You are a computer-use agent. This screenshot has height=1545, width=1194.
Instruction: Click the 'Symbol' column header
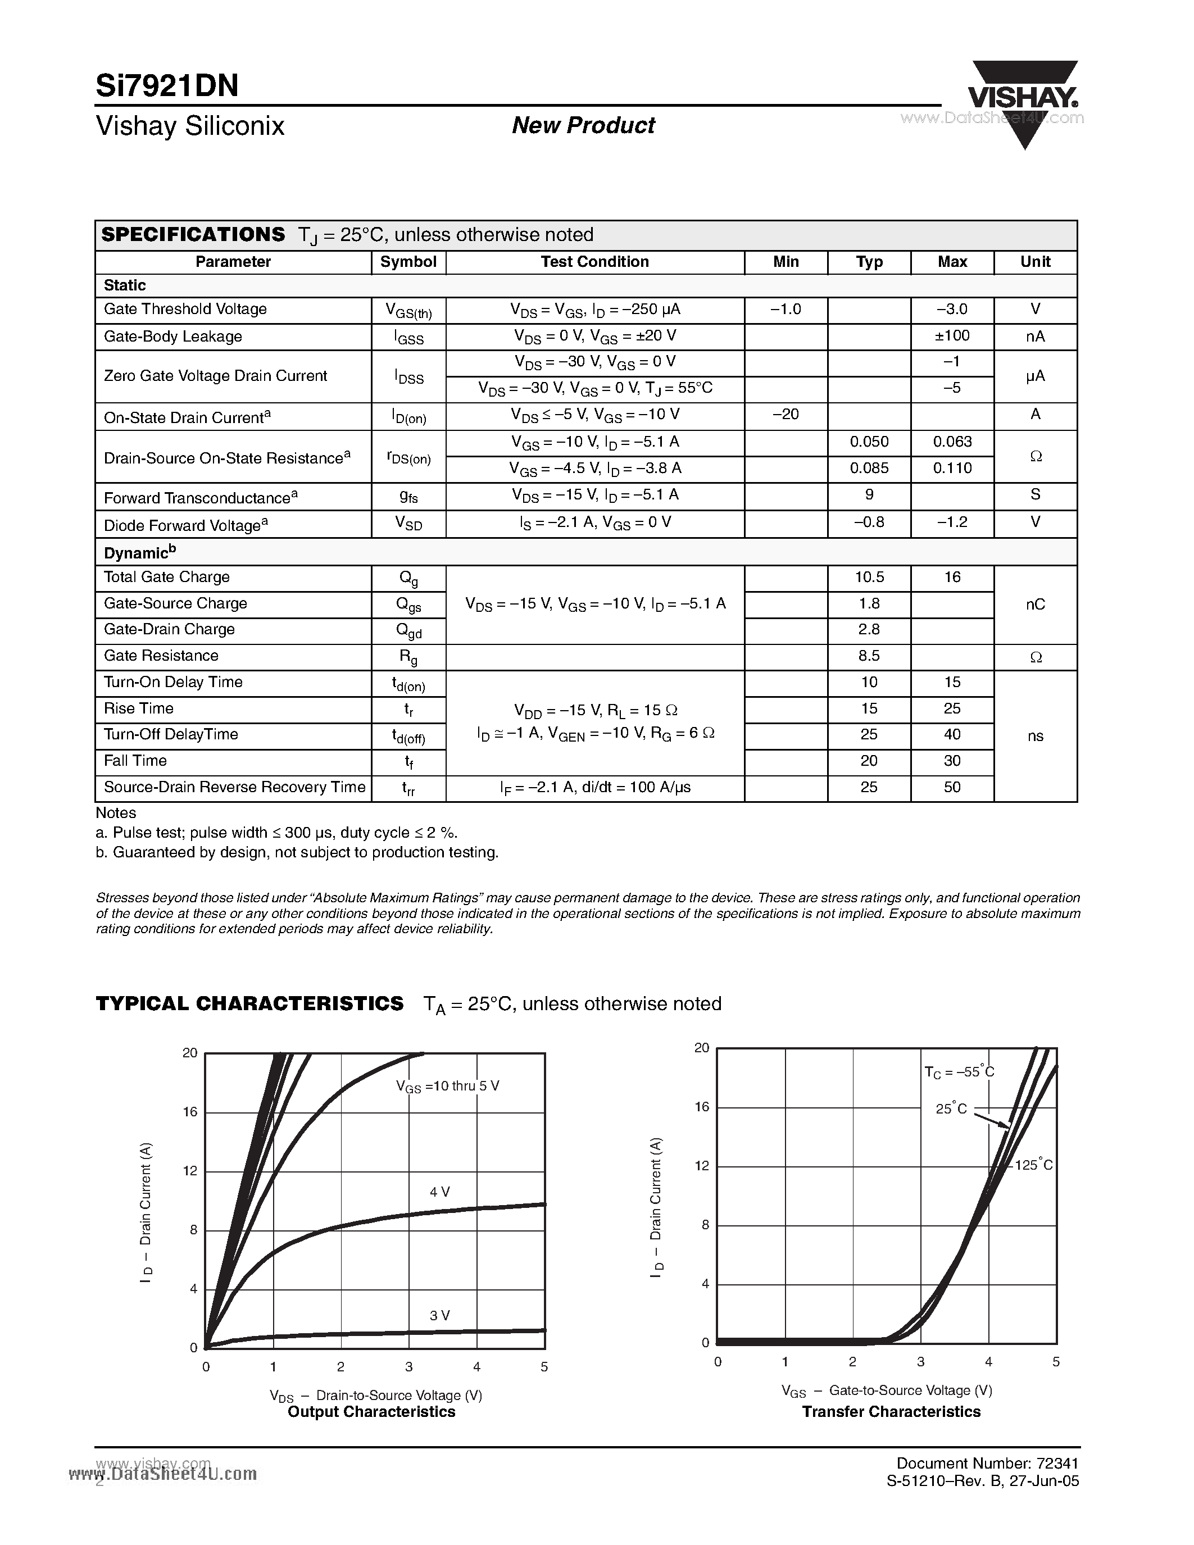click(x=408, y=262)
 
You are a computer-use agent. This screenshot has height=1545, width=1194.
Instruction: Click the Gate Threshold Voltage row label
click(x=185, y=309)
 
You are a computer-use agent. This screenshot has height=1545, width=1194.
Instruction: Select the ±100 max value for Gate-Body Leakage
click(x=952, y=335)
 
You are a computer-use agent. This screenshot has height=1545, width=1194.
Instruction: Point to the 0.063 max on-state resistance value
click(x=952, y=442)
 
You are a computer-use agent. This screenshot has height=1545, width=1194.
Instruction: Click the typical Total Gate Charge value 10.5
click(x=869, y=577)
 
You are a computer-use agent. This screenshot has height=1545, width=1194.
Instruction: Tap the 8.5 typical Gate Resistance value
click(x=869, y=656)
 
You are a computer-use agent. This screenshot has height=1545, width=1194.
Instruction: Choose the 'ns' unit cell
click(x=1035, y=736)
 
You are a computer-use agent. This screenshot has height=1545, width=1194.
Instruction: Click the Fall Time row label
click(x=135, y=761)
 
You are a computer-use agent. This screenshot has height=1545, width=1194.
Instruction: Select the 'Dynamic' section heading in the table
click(x=139, y=552)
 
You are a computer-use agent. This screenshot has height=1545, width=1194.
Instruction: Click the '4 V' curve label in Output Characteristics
click(x=440, y=1192)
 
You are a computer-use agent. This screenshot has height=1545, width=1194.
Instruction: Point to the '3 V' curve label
click(x=440, y=1315)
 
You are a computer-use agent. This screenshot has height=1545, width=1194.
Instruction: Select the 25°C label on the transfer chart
click(x=951, y=1108)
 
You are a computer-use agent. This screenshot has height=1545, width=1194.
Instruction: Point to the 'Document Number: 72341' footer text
click(x=987, y=1463)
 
